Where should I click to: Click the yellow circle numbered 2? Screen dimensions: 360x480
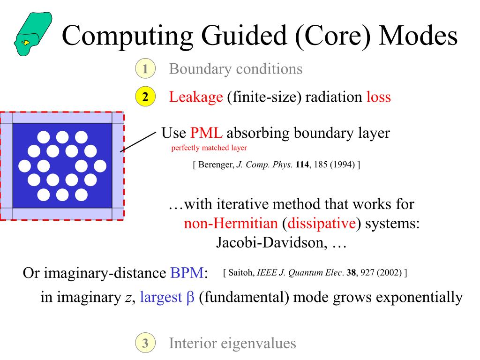point(145,97)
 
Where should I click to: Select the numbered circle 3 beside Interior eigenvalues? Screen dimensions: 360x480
point(145,343)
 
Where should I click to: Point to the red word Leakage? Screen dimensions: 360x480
point(195,97)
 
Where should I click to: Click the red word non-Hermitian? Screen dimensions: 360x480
point(231,223)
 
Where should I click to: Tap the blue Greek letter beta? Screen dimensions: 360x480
point(190,298)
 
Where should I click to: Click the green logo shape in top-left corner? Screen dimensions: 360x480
point(33,34)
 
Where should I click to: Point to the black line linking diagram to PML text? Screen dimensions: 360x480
point(138,142)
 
